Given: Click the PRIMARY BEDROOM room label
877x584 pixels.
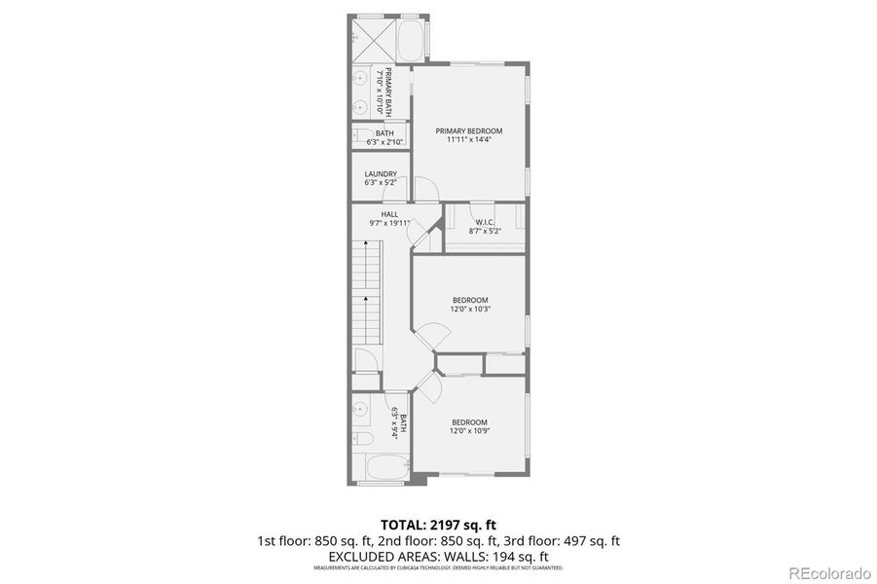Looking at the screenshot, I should tap(468, 130).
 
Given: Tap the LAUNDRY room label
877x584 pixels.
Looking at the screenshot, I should tap(381, 174).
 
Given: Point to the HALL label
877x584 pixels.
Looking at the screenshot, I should tap(389, 214).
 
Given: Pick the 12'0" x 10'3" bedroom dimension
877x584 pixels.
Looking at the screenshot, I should tap(469, 310).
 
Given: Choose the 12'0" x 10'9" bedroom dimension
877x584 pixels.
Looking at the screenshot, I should tap(469, 431).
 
